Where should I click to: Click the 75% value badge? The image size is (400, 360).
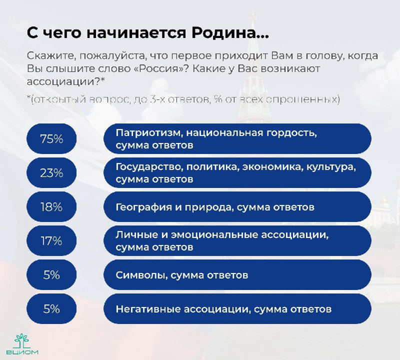tap(51, 139)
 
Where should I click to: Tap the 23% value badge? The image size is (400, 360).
tap(51, 172)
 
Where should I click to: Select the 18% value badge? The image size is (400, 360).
tap(51, 206)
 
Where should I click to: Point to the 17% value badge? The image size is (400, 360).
tap(51, 240)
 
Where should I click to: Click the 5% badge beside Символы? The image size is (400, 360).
tap(51, 275)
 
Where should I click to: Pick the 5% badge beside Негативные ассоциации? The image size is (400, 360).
tap(51, 308)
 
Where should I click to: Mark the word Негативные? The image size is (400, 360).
tap(147, 309)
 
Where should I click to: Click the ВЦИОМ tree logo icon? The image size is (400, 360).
tap(22, 341)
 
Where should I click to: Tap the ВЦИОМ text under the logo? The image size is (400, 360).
tap(22, 352)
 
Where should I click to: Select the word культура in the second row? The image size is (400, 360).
tap(331, 167)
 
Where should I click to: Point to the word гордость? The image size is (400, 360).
tap(292, 133)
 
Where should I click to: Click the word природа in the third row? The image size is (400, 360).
tap(209, 207)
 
